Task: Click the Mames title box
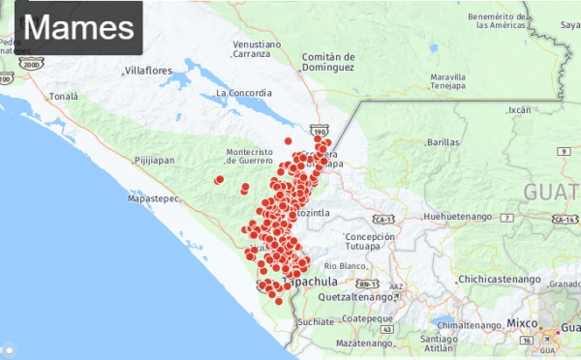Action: [72, 27]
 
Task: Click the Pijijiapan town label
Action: [155, 160]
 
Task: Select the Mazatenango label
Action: [367, 344]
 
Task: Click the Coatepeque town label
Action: [366, 317]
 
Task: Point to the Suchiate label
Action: [316, 321]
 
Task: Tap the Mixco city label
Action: [524, 320]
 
